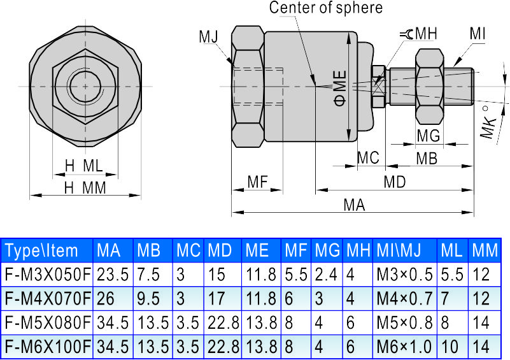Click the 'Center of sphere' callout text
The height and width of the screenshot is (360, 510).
325,8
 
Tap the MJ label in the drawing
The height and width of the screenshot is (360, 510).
208,36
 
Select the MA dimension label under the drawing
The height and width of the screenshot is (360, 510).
353,205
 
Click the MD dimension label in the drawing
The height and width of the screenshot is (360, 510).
394,182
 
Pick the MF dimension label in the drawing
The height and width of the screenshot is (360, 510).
257,182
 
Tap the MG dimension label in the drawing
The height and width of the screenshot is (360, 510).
428,135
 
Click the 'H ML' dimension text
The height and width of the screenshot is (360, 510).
83,166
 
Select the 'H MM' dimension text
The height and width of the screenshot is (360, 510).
84,187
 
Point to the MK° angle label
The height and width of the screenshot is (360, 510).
488,122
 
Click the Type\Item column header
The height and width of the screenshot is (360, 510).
42,250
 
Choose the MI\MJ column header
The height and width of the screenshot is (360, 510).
404,250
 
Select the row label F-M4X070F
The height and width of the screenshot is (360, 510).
47,298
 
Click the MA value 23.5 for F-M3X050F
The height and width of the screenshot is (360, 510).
112,275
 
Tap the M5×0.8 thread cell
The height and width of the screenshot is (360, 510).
404,322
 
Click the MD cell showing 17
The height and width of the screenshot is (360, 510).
217,298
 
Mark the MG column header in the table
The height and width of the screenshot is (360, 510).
327,250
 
